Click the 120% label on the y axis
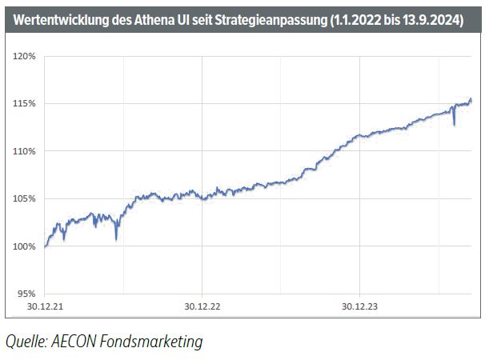[24, 56]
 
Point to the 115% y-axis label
[24, 103]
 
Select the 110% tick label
[24, 150]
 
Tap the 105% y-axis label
[24, 198]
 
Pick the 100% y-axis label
[24, 246]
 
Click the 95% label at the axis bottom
[26, 293]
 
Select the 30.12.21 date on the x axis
[45, 305]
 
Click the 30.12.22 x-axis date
[202, 305]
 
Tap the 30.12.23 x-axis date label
[360, 305]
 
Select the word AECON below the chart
[78, 342]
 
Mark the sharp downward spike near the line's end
[454, 125]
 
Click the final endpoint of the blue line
[471, 99]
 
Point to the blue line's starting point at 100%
[45, 246]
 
